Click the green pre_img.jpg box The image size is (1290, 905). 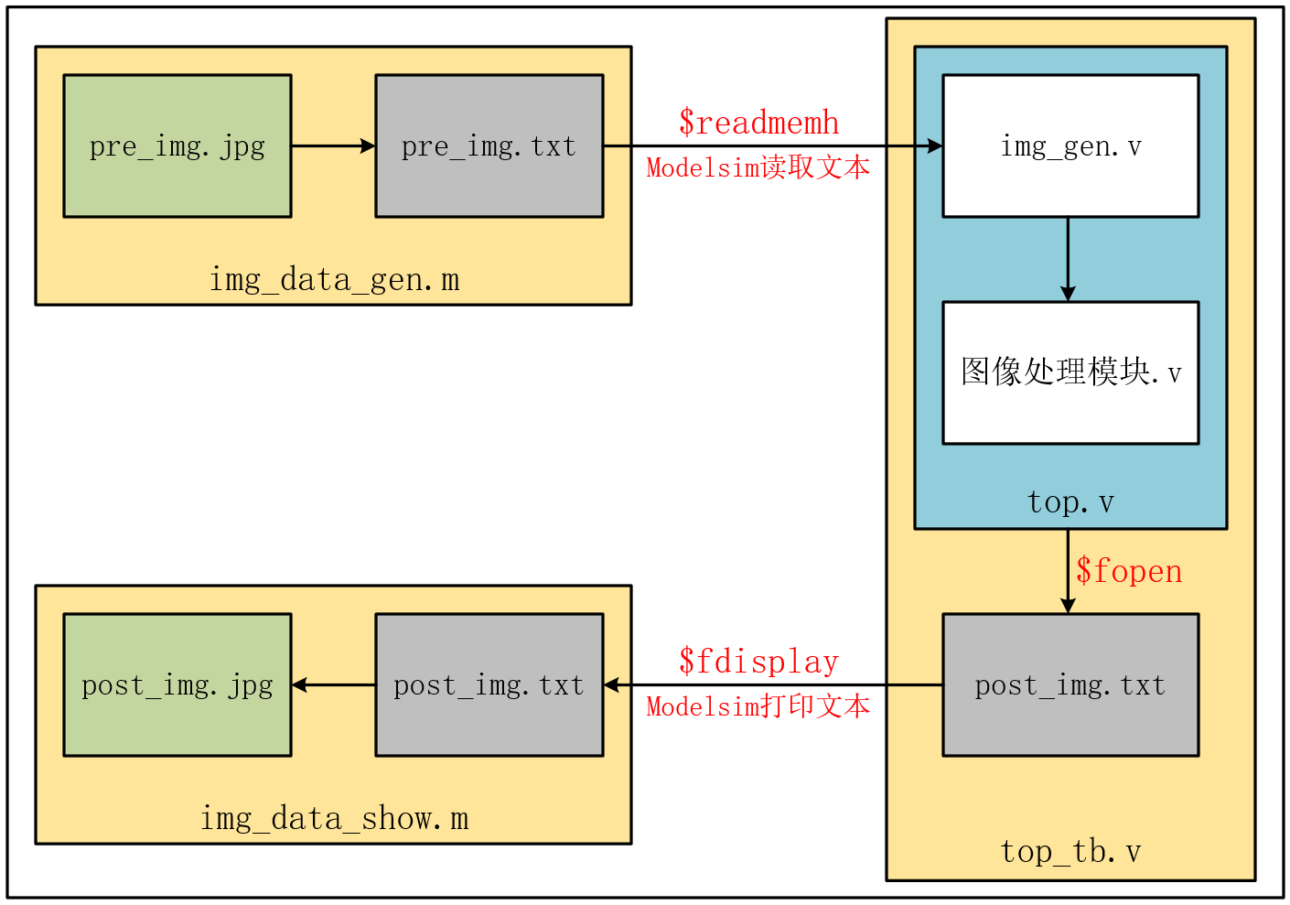point(177,146)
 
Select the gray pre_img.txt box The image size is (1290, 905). point(489,146)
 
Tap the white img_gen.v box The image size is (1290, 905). point(1070,146)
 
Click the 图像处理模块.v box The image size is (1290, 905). point(1070,372)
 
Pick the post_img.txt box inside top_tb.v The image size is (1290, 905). point(1070,685)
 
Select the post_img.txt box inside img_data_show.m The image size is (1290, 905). point(489,685)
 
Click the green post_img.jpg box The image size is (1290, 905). point(177,685)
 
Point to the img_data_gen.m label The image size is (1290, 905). point(334,279)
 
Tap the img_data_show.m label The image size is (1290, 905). point(334,818)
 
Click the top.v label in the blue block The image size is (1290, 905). point(1070,502)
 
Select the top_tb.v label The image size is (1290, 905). point(1070,852)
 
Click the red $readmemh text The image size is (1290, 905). point(758,123)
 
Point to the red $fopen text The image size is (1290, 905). point(1128,571)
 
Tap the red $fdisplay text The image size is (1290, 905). point(758,662)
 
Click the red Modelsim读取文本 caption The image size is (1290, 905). point(758,167)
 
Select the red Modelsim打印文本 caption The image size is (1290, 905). point(758,706)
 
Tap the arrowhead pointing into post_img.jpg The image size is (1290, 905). point(299,685)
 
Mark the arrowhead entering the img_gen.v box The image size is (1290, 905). point(935,146)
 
